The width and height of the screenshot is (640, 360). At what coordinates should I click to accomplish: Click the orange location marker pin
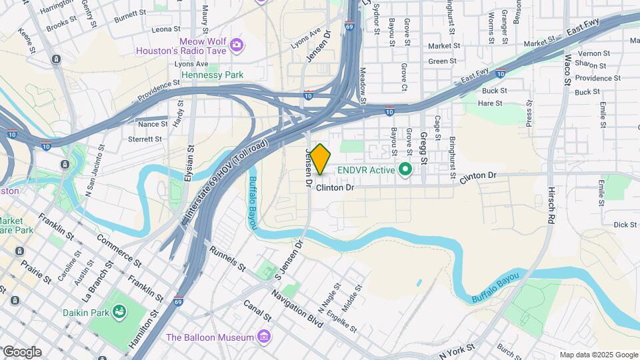(x=321, y=159)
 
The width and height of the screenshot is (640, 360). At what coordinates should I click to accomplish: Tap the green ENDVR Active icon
(x=405, y=170)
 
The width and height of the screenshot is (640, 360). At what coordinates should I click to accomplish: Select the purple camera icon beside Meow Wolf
(x=236, y=45)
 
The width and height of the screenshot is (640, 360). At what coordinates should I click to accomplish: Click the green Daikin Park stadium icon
(x=120, y=311)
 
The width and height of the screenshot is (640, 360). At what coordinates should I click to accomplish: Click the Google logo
(x=22, y=352)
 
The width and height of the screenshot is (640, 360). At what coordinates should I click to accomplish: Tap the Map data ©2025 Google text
(x=599, y=355)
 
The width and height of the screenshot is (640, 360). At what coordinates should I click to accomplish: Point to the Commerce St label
(x=119, y=249)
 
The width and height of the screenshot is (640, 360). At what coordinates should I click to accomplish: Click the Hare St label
(x=490, y=103)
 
